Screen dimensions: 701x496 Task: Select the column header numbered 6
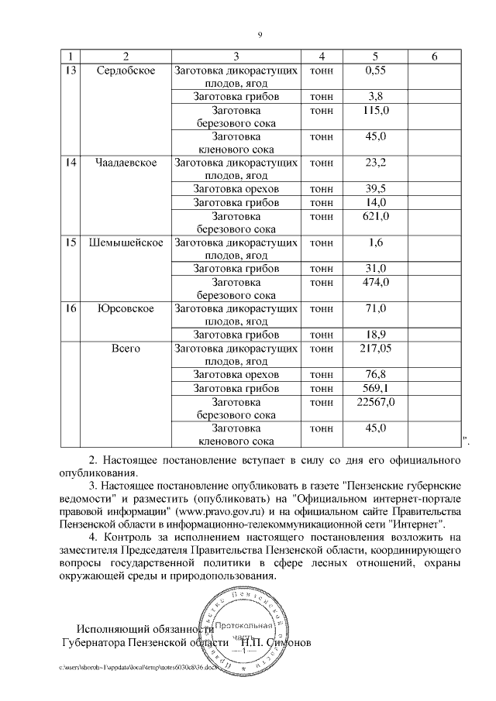point(434,57)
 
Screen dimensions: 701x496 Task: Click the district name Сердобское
point(126,70)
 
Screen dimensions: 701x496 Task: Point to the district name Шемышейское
point(126,242)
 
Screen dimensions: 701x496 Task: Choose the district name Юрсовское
point(126,308)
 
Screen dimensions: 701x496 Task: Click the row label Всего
point(126,349)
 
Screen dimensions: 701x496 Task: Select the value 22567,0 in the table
point(375,401)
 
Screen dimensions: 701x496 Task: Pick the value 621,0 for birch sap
point(375,216)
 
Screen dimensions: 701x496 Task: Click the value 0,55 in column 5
point(375,70)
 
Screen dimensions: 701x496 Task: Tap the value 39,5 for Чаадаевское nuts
point(375,189)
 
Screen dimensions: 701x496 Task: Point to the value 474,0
point(375,282)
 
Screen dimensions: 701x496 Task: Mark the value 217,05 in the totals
point(375,349)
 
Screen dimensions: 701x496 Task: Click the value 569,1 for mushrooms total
point(375,387)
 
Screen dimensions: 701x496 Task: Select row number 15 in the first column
point(71,242)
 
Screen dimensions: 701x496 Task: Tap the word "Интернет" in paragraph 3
point(416,524)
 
